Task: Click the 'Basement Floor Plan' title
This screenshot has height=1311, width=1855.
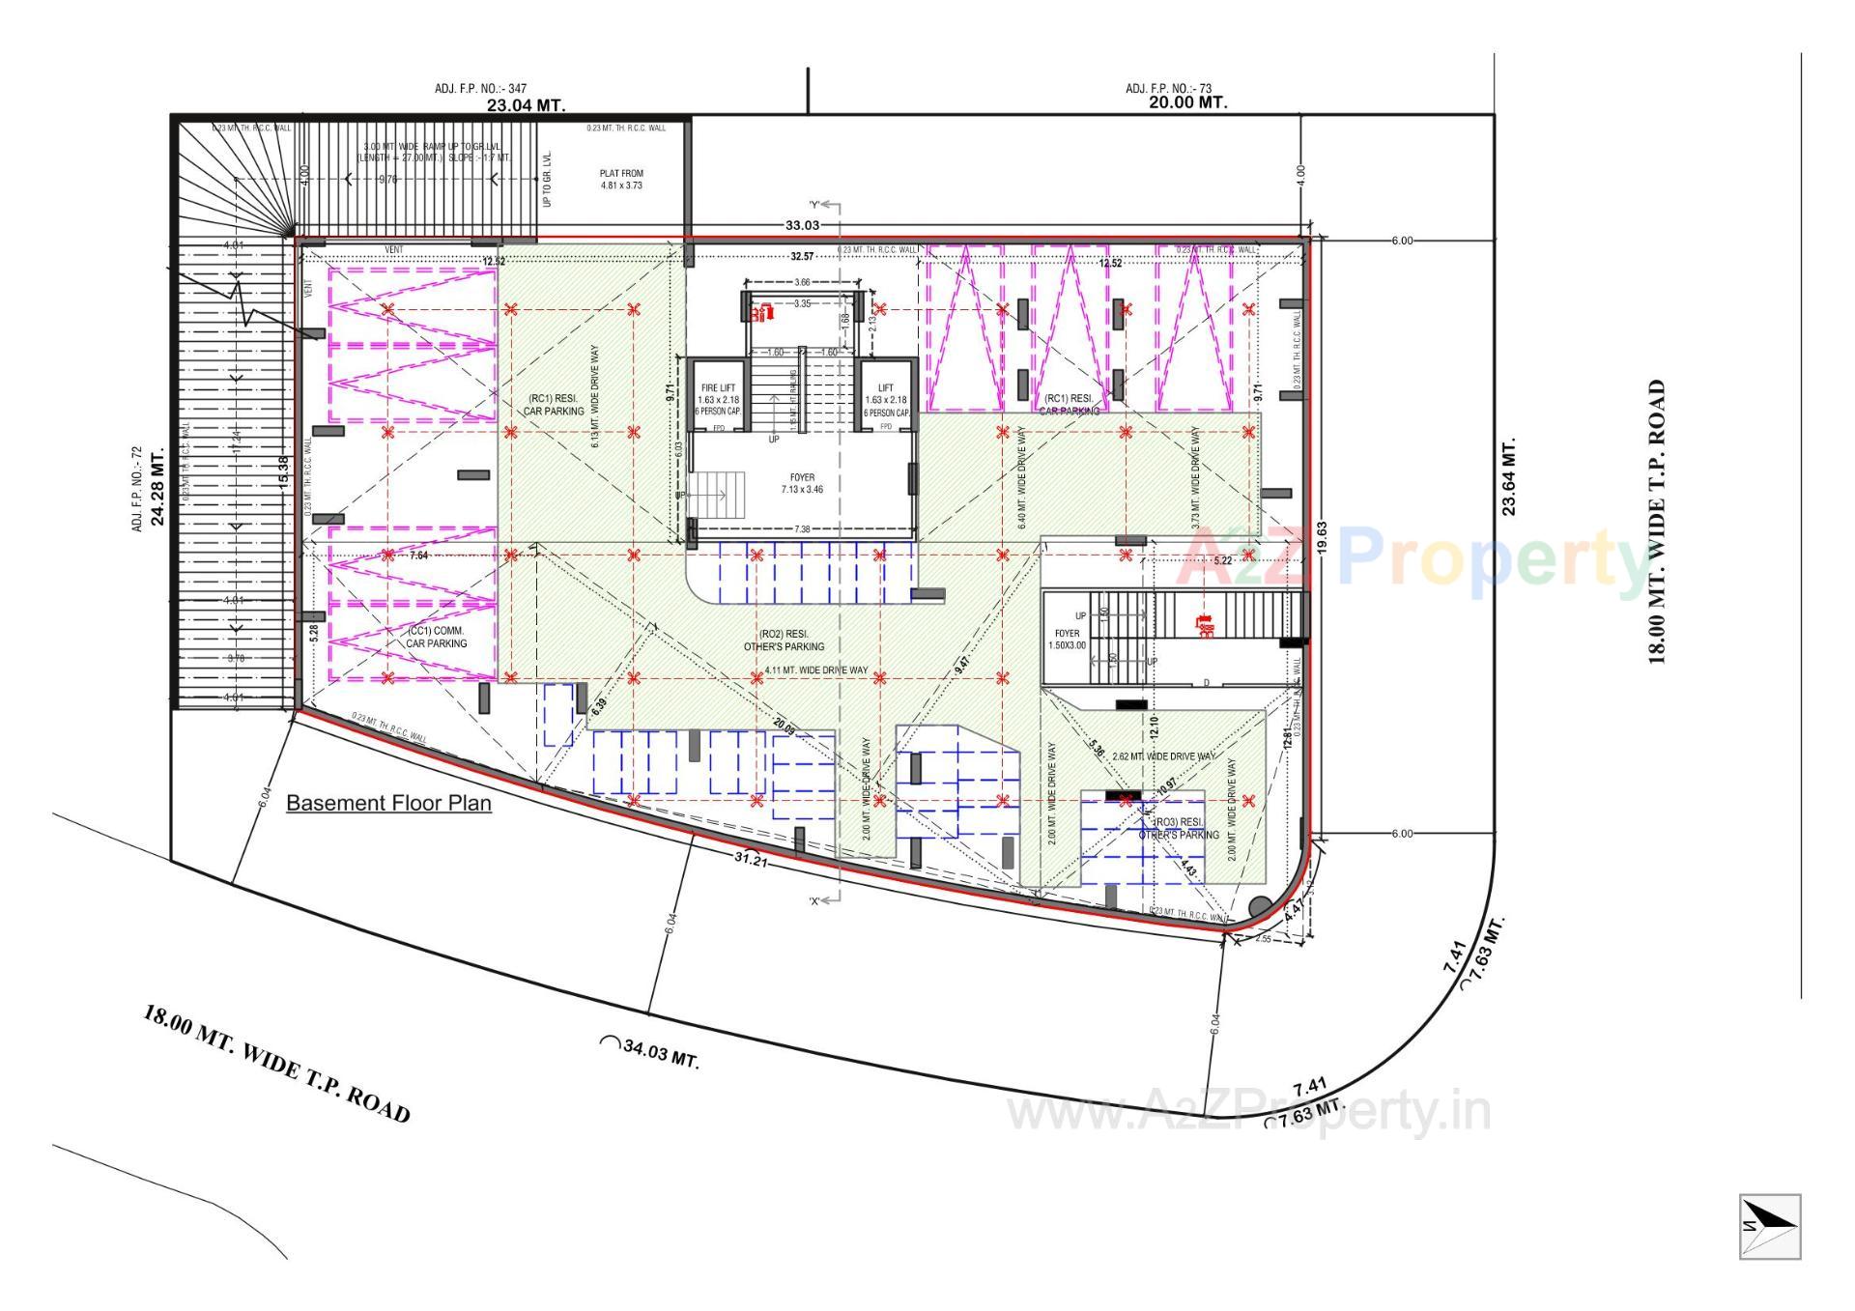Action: (x=388, y=803)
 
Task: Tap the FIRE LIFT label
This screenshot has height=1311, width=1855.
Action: (x=718, y=388)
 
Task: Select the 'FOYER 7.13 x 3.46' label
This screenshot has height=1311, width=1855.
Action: (x=802, y=483)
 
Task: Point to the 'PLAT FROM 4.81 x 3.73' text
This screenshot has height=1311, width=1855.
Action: (x=621, y=180)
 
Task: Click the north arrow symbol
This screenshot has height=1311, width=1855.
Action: (x=1770, y=1226)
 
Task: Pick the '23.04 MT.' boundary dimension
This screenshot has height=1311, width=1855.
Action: (x=526, y=104)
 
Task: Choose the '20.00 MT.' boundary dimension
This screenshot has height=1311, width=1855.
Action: (x=1187, y=101)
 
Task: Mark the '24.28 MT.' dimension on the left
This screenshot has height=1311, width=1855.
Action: (x=157, y=484)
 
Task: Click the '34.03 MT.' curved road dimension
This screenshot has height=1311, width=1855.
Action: (x=660, y=1054)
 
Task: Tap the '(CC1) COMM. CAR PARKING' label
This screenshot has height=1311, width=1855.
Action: (x=436, y=637)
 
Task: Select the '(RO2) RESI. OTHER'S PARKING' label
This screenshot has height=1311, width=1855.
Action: (x=784, y=641)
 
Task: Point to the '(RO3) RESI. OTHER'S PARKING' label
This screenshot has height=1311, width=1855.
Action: (x=1179, y=829)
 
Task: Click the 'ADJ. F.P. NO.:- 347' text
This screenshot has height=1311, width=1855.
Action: (x=480, y=89)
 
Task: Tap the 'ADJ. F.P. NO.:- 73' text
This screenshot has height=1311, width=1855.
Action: (x=1168, y=89)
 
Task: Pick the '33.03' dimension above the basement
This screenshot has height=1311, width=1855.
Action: (x=802, y=225)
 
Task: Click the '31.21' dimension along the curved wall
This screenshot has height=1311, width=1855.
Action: (x=751, y=858)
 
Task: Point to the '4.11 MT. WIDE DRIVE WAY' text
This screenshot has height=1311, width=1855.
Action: (x=815, y=670)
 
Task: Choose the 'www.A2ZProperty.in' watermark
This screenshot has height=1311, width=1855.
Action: (x=1248, y=1111)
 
